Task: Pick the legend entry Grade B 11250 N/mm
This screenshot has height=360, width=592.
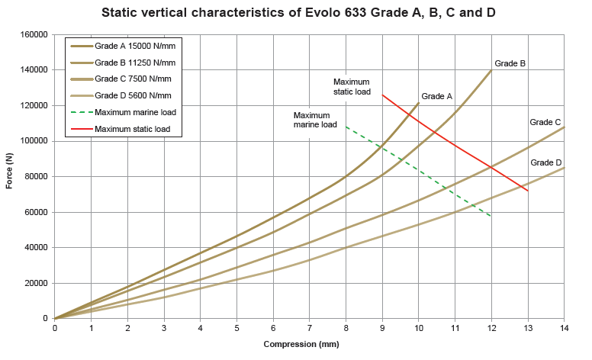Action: pyautogui.click(x=135, y=63)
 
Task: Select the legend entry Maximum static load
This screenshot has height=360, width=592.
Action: pyautogui.click(x=133, y=130)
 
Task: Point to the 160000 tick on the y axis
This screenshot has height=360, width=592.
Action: pyautogui.click(x=34, y=34)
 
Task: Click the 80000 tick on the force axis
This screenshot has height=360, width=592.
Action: pyautogui.click(x=36, y=176)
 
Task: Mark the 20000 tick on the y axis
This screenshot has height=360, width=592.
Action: pyautogui.click(x=36, y=283)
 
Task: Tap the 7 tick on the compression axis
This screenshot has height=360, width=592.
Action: pyautogui.click(x=310, y=328)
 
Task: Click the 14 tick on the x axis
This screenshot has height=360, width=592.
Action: pyautogui.click(x=565, y=328)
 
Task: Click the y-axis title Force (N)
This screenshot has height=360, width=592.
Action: pyautogui.click(x=10, y=171)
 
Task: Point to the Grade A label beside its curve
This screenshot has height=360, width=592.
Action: pyautogui.click(x=437, y=97)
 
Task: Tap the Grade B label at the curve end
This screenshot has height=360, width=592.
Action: pyautogui.click(x=510, y=63)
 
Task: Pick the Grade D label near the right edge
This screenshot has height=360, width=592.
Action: pyautogui.click(x=546, y=162)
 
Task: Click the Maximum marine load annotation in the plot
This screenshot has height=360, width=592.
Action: pyautogui.click(x=315, y=120)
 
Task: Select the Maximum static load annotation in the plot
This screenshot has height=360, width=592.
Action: pyautogui.click(x=352, y=86)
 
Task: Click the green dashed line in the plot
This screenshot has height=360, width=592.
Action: pyautogui.click(x=418, y=171)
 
